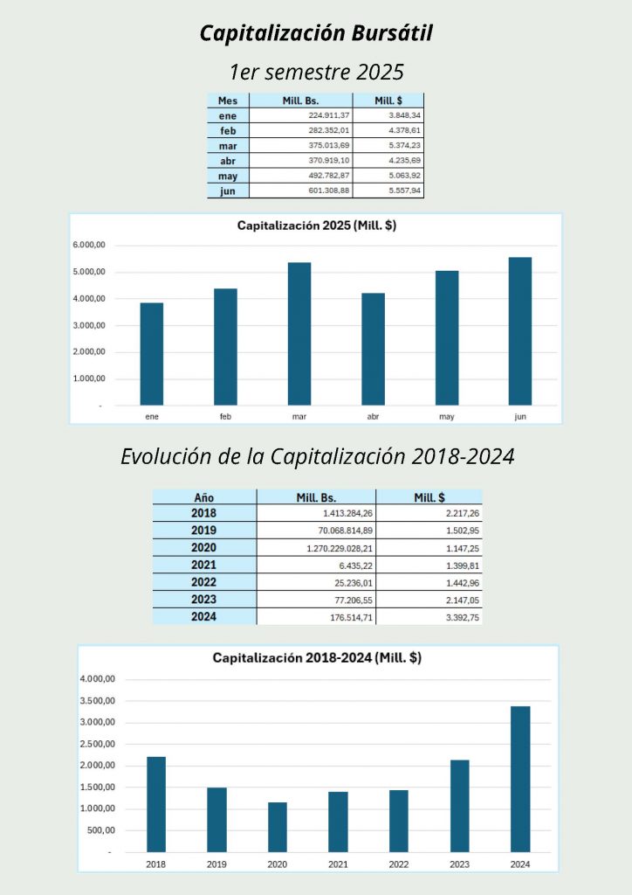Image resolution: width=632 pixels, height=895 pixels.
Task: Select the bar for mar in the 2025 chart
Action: [x=299, y=334]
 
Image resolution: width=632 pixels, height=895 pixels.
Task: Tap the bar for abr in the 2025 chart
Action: [x=373, y=350]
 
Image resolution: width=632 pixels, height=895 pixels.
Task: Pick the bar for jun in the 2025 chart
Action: [x=520, y=331]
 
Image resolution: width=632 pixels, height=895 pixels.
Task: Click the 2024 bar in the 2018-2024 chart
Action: [x=520, y=779]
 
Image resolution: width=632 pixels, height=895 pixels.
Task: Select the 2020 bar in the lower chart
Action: [x=278, y=827]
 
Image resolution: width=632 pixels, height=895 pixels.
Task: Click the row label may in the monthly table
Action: [x=228, y=176]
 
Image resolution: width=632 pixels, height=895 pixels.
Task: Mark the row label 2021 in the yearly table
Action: [x=203, y=565]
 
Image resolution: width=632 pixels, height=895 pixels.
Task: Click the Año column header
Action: [x=203, y=496]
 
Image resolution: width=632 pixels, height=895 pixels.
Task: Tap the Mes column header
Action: [x=228, y=101]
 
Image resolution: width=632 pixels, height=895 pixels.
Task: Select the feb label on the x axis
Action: [x=225, y=417]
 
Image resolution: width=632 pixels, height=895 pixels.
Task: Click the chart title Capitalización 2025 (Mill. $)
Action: [x=317, y=225]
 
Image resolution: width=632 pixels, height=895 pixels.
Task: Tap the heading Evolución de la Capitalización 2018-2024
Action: [x=317, y=456]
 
